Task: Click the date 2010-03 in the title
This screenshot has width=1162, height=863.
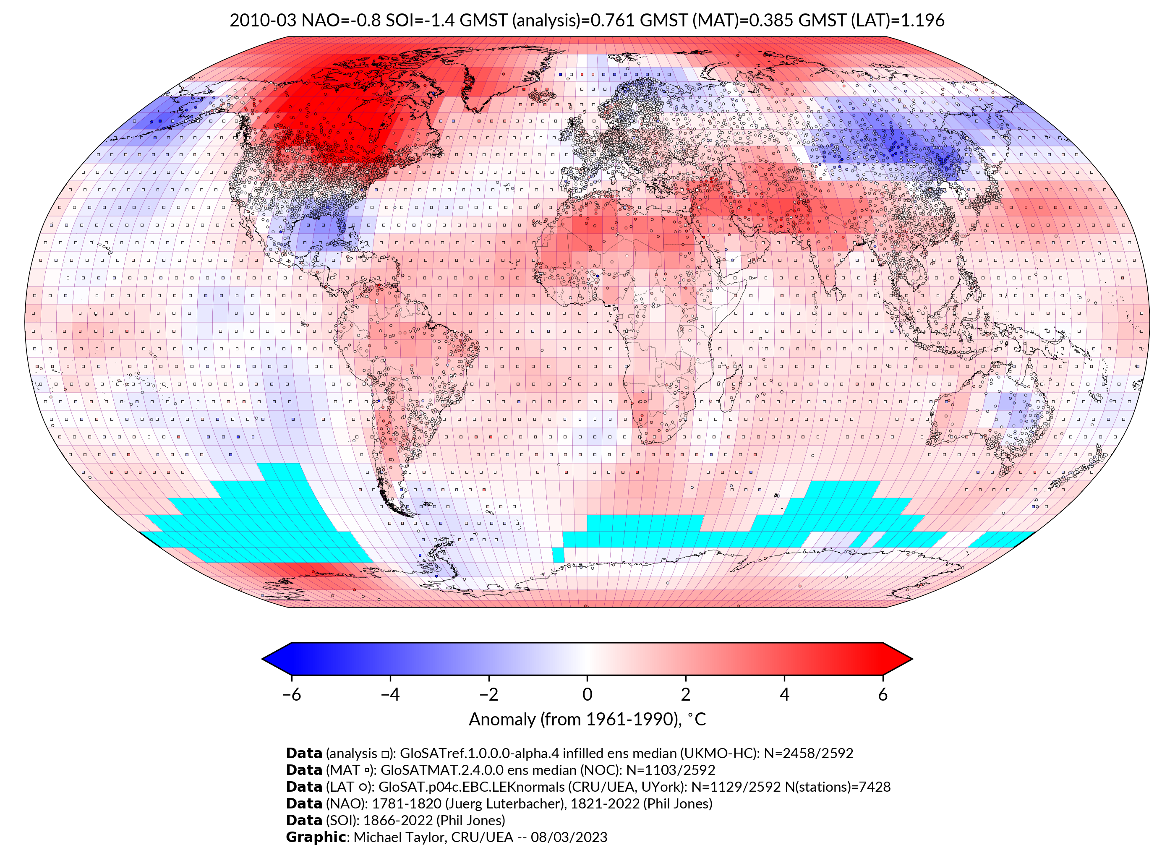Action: click(x=263, y=21)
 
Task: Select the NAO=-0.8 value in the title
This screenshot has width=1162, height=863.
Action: click(x=341, y=21)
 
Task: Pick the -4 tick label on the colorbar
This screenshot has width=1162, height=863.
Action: click(x=390, y=694)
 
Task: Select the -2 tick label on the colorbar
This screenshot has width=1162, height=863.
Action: click(x=488, y=694)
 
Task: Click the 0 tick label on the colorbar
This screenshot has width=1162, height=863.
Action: click(x=587, y=694)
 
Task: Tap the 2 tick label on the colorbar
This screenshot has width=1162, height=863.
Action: click(x=686, y=694)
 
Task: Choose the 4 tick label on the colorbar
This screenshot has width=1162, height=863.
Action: click(x=784, y=694)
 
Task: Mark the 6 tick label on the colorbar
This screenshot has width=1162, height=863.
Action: click(x=883, y=694)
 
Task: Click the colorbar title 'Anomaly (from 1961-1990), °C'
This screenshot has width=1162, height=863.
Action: click(x=587, y=720)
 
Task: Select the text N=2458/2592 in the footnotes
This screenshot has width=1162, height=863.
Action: click(x=808, y=753)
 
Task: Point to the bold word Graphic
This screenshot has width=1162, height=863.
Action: click(x=316, y=837)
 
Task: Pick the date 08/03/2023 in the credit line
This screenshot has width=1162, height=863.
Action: click(x=569, y=837)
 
